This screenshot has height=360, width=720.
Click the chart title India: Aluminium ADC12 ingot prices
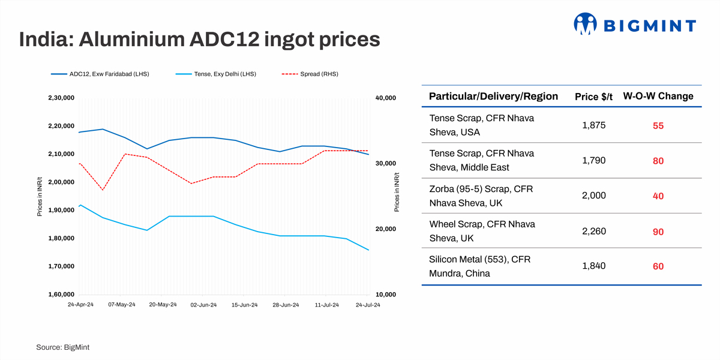point(199,40)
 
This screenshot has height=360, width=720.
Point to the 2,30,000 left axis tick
point(60,98)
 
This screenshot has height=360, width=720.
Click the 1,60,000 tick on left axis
point(60,295)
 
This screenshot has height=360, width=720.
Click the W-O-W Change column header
point(658,96)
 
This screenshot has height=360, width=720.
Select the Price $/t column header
point(593,97)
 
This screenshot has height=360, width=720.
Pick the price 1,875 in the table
point(593,125)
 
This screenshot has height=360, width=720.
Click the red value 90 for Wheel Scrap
point(658,232)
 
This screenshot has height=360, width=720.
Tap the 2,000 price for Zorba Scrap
point(593,196)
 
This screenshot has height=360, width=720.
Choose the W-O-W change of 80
point(658,161)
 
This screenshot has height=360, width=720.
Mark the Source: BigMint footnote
point(62,347)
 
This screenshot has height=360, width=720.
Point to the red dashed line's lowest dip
point(103,190)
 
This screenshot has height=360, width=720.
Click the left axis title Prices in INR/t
point(40,196)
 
